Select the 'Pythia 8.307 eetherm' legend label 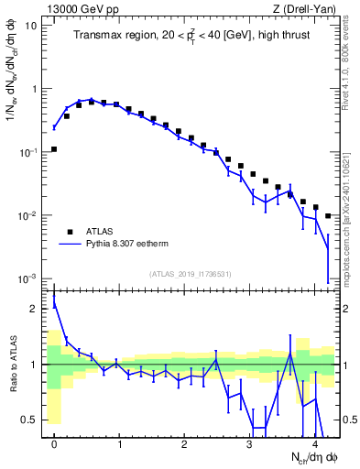[x=131, y=245]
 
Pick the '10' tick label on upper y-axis [x=30, y=26]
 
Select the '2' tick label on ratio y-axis [x=33, y=309]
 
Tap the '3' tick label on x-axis [x=250, y=443]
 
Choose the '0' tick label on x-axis [x=54, y=443]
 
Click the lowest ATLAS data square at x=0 [x=54, y=148]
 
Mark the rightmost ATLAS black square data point [x=328, y=216]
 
